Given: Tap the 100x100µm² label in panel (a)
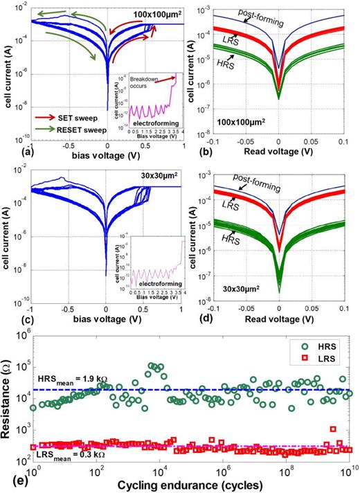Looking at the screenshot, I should [154, 14].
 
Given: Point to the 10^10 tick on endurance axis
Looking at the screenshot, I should [350, 472].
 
